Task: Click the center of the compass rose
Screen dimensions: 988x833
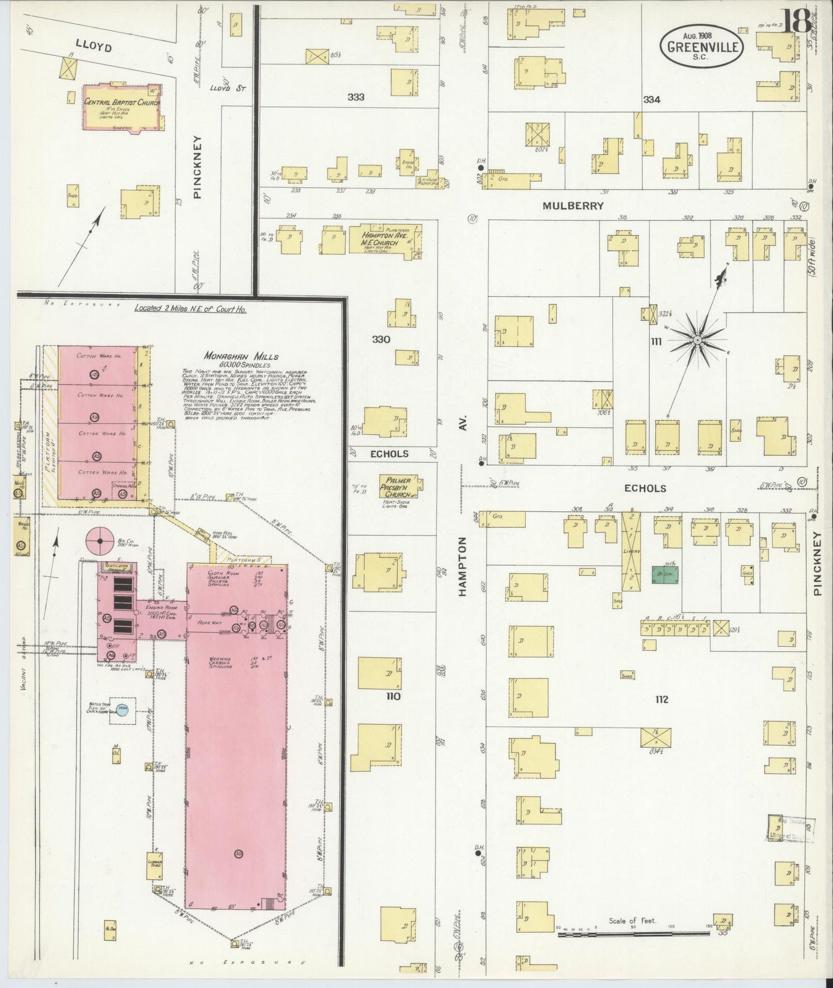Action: click(697, 341)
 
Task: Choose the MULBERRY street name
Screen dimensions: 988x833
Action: click(573, 206)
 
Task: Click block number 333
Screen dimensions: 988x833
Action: click(356, 97)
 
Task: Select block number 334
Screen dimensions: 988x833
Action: click(651, 100)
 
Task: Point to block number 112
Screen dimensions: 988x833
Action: click(661, 699)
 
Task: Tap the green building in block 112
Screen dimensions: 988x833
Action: click(665, 575)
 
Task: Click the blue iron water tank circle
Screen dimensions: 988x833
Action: click(122, 710)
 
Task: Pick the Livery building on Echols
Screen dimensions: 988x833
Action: click(632, 550)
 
